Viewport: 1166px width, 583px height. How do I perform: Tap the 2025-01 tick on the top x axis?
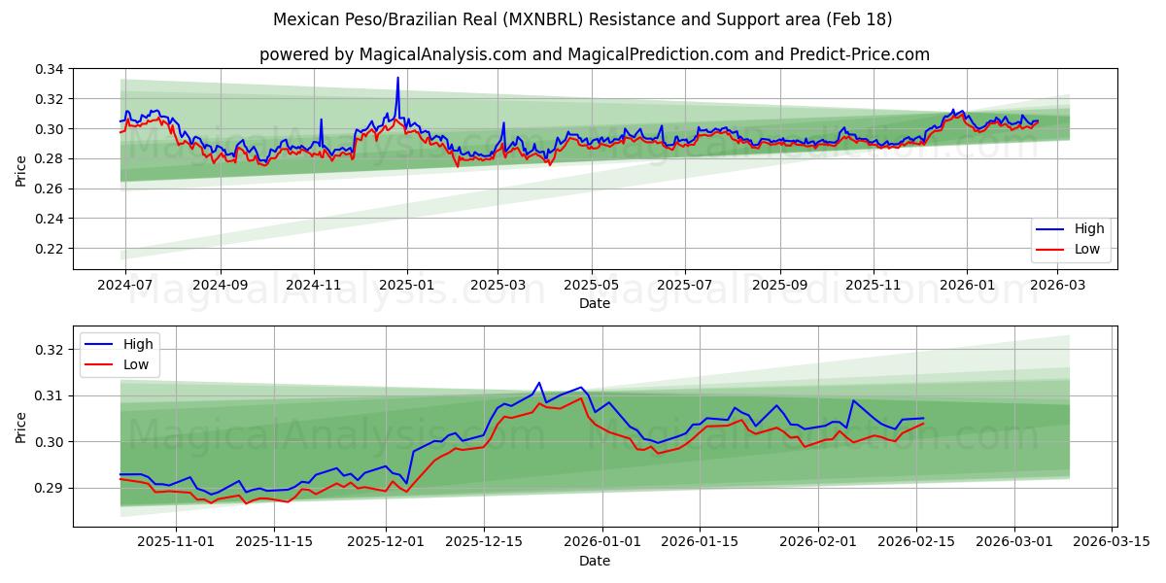[x=406, y=285]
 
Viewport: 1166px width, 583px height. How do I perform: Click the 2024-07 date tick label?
[x=125, y=285]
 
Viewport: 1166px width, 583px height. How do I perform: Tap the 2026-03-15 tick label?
[x=1110, y=542]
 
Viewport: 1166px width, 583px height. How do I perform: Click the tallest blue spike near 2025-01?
[x=397, y=79]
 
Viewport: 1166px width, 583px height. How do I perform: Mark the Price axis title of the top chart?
[x=21, y=169]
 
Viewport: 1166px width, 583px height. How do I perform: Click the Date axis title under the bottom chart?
[x=595, y=561]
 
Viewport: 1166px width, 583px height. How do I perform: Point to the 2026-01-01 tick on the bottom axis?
[x=602, y=542]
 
